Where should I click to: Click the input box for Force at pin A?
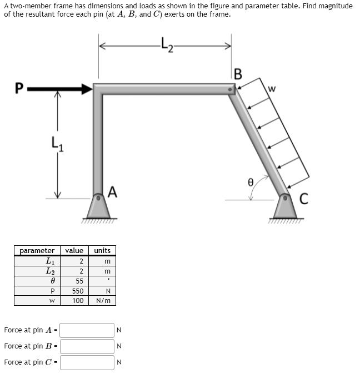click(87, 330)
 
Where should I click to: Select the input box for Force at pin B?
click(87, 346)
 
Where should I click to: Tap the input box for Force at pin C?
click(87, 362)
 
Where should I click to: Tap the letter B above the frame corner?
click(238, 74)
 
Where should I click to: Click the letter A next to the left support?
click(113, 192)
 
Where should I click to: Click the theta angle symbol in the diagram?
click(251, 181)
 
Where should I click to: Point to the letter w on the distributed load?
click(272, 88)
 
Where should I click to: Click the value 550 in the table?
click(78, 291)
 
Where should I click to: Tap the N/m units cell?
click(103, 300)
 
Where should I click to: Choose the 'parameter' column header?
click(37, 251)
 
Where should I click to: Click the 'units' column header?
click(103, 251)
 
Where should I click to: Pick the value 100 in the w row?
click(78, 300)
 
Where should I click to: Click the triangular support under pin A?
click(99, 209)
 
